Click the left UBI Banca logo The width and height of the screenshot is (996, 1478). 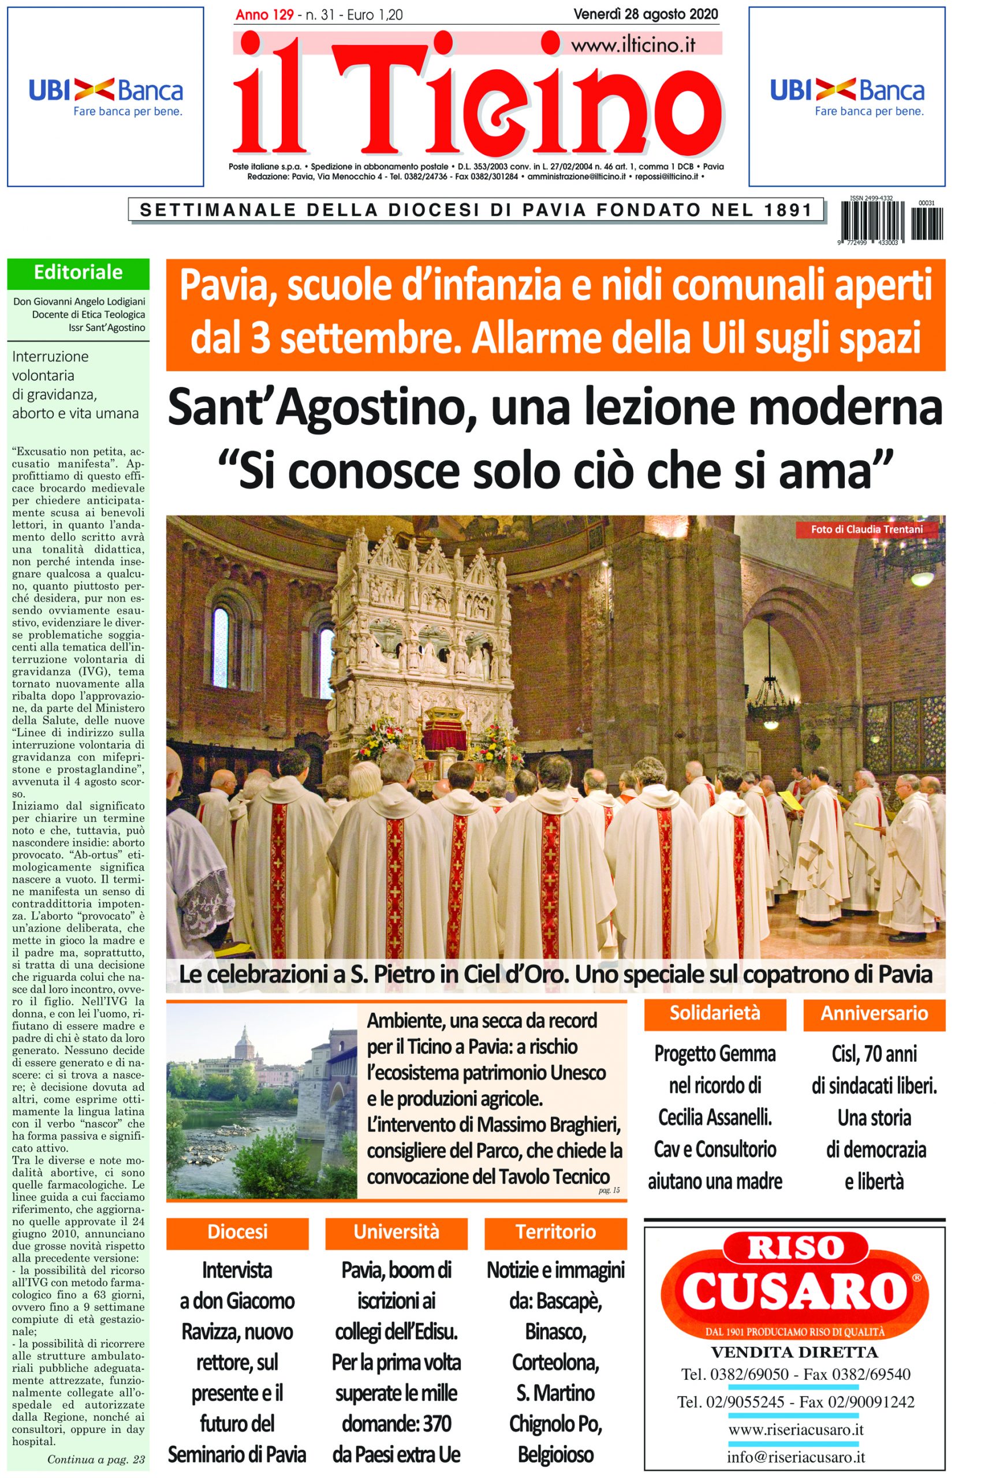click(x=106, y=97)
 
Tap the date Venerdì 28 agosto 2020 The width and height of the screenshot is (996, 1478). click(x=646, y=14)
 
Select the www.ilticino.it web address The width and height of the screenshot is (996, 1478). click(x=633, y=45)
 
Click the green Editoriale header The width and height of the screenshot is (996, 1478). click(x=78, y=273)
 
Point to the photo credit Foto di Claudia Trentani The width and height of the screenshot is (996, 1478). click(x=867, y=529)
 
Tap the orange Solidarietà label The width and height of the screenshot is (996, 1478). click(x=715, y=1012)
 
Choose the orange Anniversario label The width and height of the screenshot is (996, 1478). click(x=874, y=1013)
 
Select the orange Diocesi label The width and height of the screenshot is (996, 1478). click(x=237, y=1231)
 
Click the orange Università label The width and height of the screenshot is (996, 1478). click(x=396, y=1231)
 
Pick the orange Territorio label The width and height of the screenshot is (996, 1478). click(x=555, y=1231)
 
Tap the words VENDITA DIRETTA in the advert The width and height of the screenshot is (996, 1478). click(x=794, y=1352)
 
